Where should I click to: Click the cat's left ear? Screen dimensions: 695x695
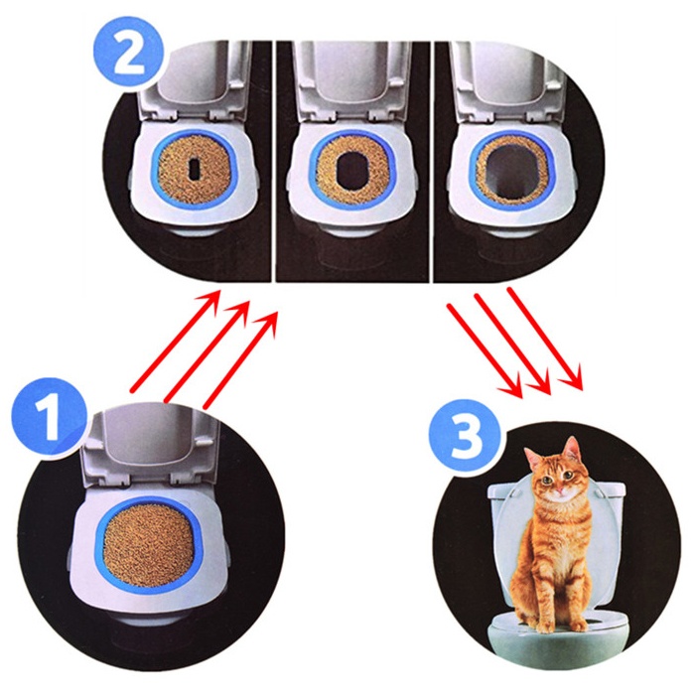[x=573, y=449]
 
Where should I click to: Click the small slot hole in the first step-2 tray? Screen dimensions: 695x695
[x=195, y=169]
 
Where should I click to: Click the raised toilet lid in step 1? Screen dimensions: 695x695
[x=151, y=448]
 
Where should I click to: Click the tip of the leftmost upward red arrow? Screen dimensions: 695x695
[x=219, y=291]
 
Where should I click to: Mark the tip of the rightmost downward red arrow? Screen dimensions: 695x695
[x=582, y=389]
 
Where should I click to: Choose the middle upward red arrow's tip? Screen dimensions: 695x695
[x=248, y=302]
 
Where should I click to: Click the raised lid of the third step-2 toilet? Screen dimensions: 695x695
[x=509, y=79]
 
